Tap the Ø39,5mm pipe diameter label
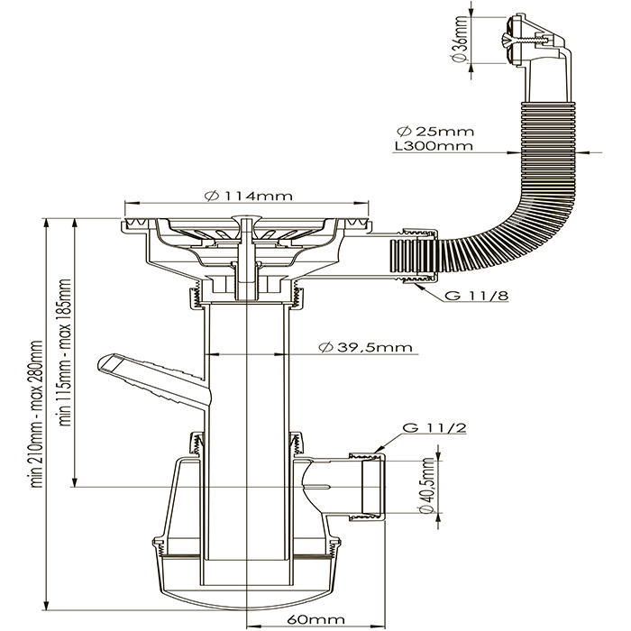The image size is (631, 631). (358, 347)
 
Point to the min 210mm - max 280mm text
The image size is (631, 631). (37, 415)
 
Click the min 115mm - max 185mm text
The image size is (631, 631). (65, 352)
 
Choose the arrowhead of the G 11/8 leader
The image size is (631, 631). (411, 282)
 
